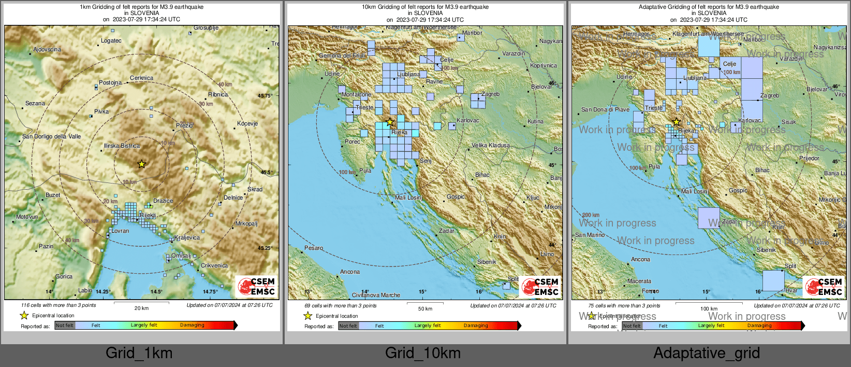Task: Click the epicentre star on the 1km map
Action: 141,164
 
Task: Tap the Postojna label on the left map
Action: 110,82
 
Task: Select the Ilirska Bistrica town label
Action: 122,146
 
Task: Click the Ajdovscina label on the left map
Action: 47,50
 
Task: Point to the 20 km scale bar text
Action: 141,308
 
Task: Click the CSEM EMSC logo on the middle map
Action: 540,286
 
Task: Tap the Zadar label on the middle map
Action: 447,231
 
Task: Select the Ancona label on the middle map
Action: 350,272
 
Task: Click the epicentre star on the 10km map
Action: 390,122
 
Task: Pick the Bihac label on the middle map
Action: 482,175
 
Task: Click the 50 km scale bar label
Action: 425,308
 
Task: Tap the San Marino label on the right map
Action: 590,235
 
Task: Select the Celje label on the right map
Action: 729,64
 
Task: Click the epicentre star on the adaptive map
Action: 676,122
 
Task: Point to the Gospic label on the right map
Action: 738,190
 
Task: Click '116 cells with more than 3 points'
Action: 58,305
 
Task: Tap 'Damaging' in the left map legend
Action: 192,325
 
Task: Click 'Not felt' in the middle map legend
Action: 348,326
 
